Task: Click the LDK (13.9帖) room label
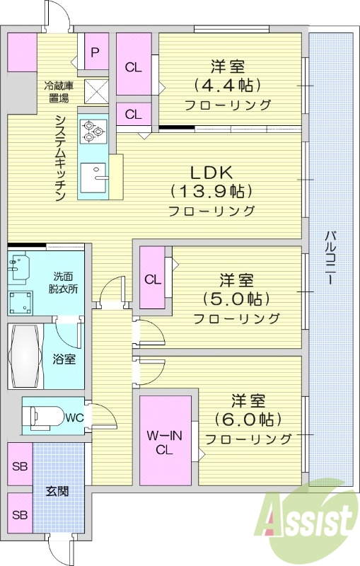click(211, 190)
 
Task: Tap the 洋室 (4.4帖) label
click(228, 85)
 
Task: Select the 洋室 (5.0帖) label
click(236, 297)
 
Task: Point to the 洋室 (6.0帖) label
click(248, 418)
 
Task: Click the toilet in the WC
click(44, 417)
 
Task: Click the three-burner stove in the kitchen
click(92, 130)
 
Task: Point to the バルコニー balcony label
click(330, 258)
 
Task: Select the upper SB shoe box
click(20, 467)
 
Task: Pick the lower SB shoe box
click(20, 514)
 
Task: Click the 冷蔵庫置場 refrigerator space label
click(57, 92)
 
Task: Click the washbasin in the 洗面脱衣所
click(19, 267)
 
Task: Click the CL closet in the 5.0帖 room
click(153, 278)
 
